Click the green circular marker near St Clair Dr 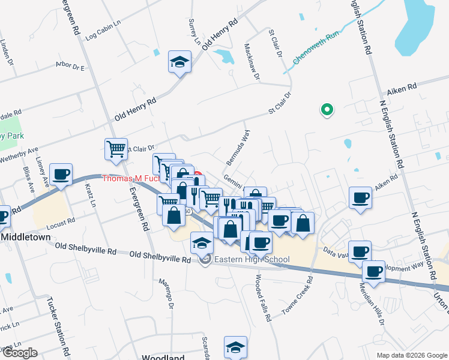(328, 110)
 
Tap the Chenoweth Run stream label (316, 47)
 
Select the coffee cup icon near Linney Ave (61, 175)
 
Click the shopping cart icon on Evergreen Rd (115, 149)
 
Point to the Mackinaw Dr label (252, 61)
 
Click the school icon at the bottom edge (235, 347)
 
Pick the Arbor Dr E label (70, 67)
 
